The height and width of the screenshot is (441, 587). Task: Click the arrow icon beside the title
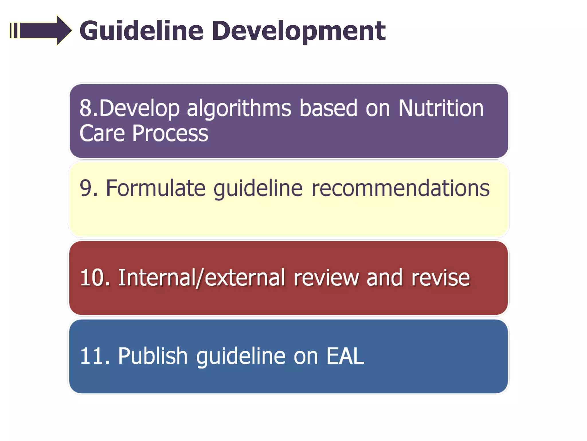pyautogui.click(x=40, y=30)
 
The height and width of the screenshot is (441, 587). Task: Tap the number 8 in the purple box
pyautogui.click(x=85, y=108)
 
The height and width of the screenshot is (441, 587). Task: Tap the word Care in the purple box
pyautogui.click(x=102, y=133)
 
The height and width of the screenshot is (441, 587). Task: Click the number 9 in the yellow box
pyautogui.click(x=85, y=188)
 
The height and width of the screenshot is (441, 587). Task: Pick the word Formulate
pyautogui.click(x=156, y=188)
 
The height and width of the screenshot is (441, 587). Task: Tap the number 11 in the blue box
pyautogui.click(x=92, y=356)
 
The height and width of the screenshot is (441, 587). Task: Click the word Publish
pyautogui.click(x=153, y=356)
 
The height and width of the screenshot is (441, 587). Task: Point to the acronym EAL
pyautogui.click(x=345, y=356)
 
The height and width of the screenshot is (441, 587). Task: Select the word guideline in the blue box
pyautogui.click(x=241, y=357)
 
